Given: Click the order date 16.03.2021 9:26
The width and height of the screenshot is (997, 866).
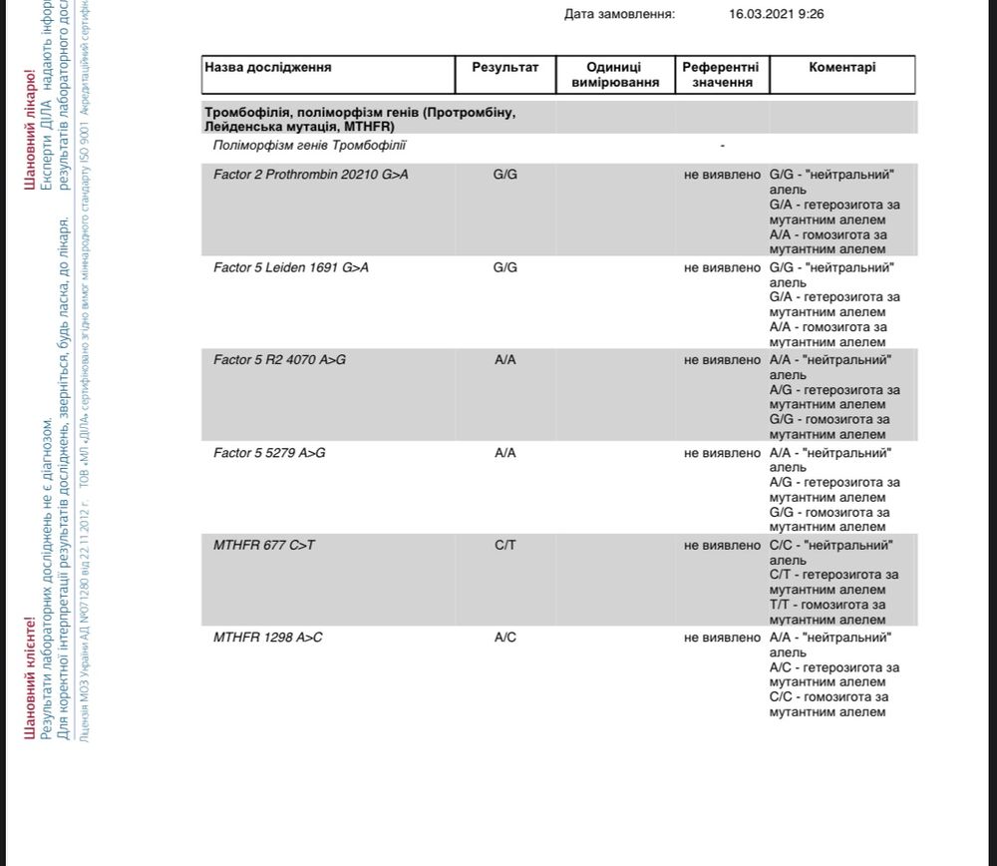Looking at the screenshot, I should point(777,14).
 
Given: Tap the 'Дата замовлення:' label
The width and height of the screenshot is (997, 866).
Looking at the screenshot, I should point(619,14).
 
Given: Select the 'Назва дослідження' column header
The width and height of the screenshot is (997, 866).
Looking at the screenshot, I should point(268,67).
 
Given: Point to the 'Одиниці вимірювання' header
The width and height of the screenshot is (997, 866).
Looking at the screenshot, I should point(615,74).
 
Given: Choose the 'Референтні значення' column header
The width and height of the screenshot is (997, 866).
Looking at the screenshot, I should point(721,74).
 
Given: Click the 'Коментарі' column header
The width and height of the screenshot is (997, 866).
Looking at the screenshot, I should point(842,67).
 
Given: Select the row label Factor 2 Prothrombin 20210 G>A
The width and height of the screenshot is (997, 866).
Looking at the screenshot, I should point(311,175).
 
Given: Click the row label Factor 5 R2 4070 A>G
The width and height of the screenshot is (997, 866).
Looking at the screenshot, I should point(279,360).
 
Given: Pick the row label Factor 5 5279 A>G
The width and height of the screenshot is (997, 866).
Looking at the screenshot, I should point(269,453).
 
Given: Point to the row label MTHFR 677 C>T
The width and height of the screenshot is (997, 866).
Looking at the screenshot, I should point(264,546).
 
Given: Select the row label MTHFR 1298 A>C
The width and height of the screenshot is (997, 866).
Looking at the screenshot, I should point(268,638).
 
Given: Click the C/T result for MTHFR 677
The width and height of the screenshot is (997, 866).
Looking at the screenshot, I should point(504,546).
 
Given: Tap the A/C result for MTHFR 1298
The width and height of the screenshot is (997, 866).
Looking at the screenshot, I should point(504,638).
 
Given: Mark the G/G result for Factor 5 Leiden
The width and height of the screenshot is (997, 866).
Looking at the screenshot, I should point(504,267).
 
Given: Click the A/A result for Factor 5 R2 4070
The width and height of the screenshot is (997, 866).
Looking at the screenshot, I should point(504,360).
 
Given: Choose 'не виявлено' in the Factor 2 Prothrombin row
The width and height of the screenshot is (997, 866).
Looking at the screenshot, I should point(722,175).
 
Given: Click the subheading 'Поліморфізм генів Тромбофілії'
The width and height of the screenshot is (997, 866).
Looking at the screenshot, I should point(310,146).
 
